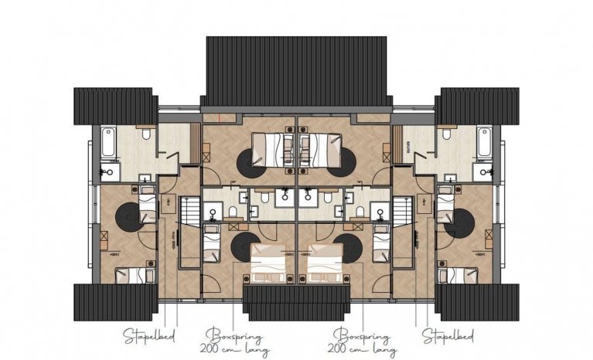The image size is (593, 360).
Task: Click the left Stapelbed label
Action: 149,335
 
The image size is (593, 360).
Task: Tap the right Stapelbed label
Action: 448,335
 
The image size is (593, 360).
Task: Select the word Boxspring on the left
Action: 234,335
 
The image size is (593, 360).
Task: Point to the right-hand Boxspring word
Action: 362,335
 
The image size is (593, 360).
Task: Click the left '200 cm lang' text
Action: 234,350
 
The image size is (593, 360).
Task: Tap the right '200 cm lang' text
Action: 363,350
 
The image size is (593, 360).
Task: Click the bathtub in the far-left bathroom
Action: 108,142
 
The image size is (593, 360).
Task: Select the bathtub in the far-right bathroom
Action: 484,142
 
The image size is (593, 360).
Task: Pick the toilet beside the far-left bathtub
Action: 146,134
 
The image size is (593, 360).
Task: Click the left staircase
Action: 191,212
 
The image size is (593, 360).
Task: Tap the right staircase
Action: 402,212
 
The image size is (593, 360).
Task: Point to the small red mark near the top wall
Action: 220,117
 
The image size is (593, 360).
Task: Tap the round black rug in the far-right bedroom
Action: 459,222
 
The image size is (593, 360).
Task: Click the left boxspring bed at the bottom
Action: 268,263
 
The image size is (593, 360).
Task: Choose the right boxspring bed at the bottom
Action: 325,263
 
